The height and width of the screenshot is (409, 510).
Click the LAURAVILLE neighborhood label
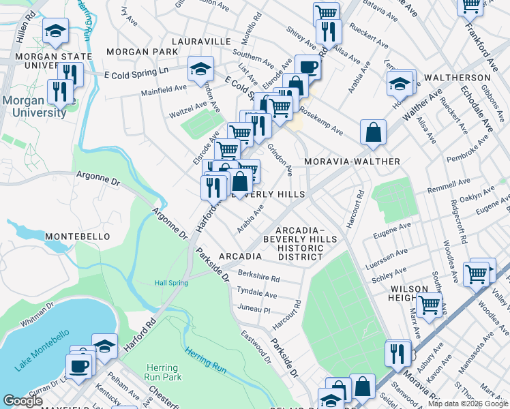(201, 42)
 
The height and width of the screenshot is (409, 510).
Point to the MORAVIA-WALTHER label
(352, 162)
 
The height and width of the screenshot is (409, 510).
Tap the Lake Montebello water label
(42, 350)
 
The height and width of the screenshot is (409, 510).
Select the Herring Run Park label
(162, 372)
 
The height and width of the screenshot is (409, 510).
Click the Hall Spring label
(170, 283)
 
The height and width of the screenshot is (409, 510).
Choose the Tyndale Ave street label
(256, 294)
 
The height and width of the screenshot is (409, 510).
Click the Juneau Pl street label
(252, 309)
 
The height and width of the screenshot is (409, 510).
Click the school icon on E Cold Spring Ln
(200, 69)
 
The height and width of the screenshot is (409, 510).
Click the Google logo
(22, 401)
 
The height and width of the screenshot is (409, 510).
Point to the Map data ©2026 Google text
(468, 404)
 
